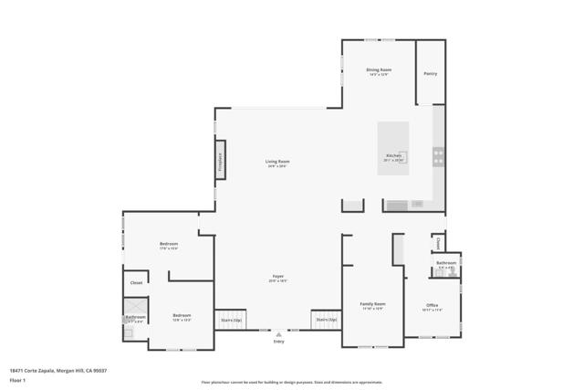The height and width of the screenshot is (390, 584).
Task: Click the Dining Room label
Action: [380, 70]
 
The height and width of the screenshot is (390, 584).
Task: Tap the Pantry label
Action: [430, 73]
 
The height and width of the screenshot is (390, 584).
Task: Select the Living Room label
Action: [277, 162]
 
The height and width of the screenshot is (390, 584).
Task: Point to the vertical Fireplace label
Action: [220, 161]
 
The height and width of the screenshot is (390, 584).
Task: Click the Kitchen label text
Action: [393, 156]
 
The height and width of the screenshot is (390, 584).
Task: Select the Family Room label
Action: [372, 304]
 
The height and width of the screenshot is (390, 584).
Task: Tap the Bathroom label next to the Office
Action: [446, 263]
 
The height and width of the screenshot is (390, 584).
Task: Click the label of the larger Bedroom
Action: [169, 244]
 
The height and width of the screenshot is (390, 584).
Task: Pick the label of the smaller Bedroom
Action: [182, 316]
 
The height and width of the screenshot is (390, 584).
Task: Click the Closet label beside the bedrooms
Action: [136, 283]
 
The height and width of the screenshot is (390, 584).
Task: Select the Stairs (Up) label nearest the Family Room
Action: [325, 320]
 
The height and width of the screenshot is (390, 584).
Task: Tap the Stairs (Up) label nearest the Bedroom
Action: [231, 321]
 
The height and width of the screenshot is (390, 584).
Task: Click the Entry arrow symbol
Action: [278, 334]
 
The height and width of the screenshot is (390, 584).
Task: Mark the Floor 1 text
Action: [16, 378]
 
